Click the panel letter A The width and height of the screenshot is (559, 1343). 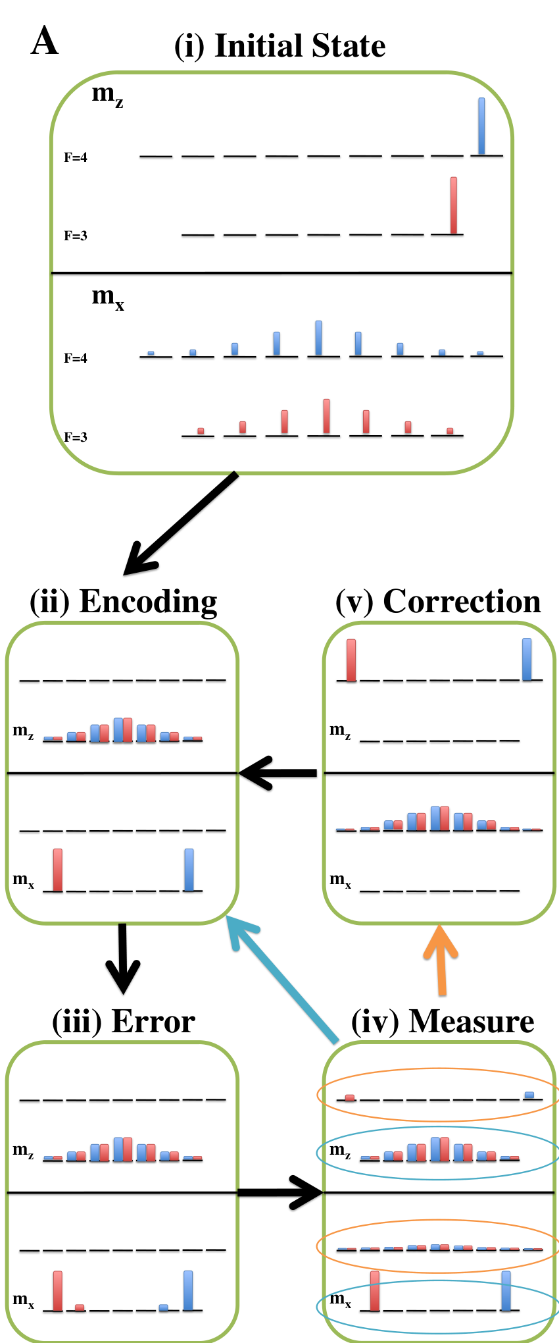point(45,41)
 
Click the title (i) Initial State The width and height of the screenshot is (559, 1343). point(279,46)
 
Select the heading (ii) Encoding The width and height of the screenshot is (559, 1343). point(124,602)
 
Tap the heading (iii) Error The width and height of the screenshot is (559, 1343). point(124,1021)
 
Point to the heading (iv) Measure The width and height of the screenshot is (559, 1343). point(443,1021)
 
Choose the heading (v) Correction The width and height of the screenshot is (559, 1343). point(438,602)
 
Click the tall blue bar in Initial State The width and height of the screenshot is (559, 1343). point(481,126)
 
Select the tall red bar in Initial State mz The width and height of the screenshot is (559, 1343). point(454,205)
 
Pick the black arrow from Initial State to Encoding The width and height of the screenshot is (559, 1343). point(181,523)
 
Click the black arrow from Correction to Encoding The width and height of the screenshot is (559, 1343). point(278,773)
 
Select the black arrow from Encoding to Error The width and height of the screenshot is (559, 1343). point(123,959)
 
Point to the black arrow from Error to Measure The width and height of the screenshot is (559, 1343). point(280,1192)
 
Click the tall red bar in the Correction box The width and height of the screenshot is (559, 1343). point(351,660)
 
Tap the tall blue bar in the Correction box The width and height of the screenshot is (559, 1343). point(527,659)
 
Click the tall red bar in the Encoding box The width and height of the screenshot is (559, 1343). point(58,870)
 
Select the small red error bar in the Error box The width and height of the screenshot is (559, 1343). point(80,1307)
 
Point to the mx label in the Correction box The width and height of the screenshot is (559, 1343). point(340,880)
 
